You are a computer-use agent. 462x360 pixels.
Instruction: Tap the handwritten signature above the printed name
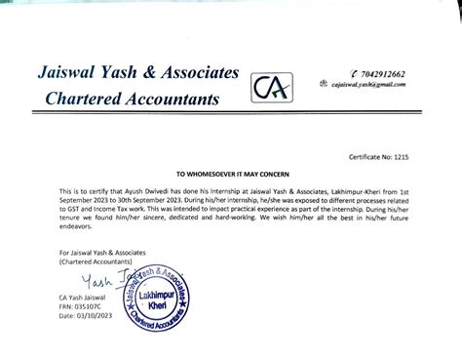click(x=93, y=281)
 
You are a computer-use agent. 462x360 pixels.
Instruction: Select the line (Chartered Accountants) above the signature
click(x=82, y=263)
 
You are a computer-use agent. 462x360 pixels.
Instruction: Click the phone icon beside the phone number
click(x=327, y=73)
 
